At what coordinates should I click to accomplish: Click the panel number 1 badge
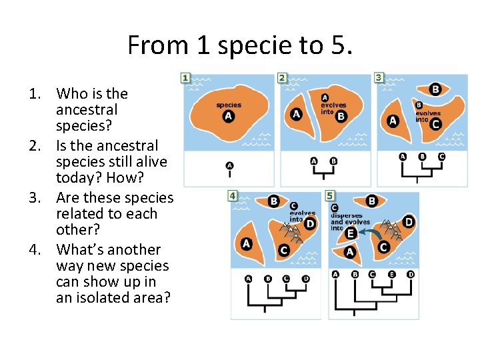click(185, 78)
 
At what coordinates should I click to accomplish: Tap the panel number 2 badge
click(282, 78)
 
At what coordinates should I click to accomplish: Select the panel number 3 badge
click(379, 78)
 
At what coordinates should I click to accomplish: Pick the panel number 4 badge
click(233, 196)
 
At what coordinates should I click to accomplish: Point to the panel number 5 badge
click(330, 196)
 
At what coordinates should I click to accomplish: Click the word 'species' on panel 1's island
click(229, 105)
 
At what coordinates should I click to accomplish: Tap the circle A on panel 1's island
click(229, 117)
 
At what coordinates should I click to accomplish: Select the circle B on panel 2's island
click(341, 117)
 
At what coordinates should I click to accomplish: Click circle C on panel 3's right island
click(435, 124)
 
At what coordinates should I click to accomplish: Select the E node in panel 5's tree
click(391, 274)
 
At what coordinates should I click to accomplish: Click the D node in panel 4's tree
click(306, 278)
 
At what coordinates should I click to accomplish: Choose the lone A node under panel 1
click(229, 165)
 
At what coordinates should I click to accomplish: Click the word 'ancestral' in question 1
click(87, 110)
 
